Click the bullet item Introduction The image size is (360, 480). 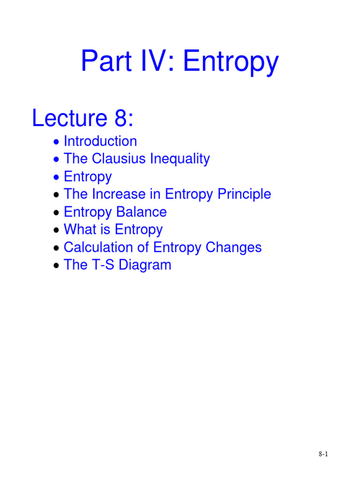[100, 141]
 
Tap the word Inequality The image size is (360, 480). [180, 159]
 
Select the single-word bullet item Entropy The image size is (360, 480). [88, 177]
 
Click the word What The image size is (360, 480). [78, 229]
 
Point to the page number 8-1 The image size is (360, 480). [323, 454]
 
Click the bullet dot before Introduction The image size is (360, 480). [56, 142]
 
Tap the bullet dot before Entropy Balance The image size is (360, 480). [56, 213]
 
